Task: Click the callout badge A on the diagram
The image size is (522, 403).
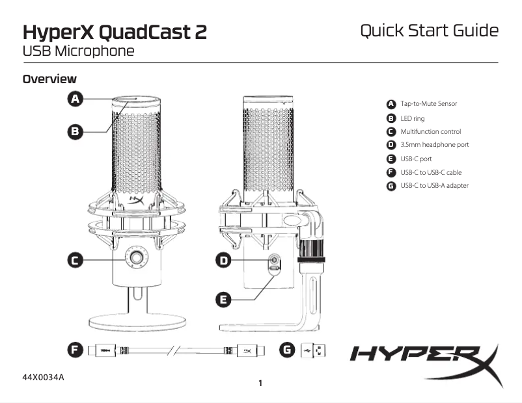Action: pos(76,99)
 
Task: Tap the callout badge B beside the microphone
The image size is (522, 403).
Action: pos(76,131)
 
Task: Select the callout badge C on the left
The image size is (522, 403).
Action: pos(76,260)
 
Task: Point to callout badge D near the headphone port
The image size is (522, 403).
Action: pos(223,260)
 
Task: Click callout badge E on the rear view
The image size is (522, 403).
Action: pos(223,299)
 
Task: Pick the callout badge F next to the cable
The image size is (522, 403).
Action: pos(76,350)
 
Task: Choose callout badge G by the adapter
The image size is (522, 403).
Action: pos(286,350)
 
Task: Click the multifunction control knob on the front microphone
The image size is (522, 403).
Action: pos(137,258)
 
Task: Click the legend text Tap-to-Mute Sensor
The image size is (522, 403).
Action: pos(428,103)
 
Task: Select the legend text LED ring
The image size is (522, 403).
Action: pos(412,118)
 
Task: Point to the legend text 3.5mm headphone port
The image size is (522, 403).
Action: pos(434,145)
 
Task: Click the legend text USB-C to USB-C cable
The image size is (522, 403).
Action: pos(431,172)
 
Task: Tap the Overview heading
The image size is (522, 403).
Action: pos(49,79)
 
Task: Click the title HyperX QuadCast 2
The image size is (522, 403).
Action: pos(115,32)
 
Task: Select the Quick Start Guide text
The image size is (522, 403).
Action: pos(429,31)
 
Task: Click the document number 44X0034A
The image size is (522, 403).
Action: pos(44,378)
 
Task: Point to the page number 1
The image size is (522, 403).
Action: pos(260,383)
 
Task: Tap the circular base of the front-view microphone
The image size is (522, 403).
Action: pos(137,321)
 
